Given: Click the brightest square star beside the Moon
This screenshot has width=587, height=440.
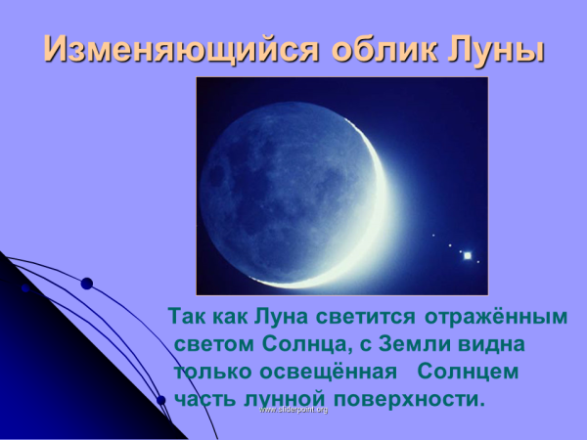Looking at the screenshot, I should pyautogui.click(x=468, y=255).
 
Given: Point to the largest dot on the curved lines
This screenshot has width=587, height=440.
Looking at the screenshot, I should pyautogui.click(x=86, y=284).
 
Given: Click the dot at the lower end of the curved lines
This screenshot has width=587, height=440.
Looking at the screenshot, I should pyautogui.click(x=160, y=400).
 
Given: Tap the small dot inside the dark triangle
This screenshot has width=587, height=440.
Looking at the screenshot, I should pyautogui.click(x=25, y=289).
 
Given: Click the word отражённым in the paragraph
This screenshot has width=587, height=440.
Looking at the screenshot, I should pyautogui.click(x=497, y=318).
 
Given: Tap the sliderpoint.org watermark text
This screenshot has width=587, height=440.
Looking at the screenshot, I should pyautogui.click(x=293, y=409).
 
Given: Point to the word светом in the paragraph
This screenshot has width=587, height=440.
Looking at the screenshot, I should pyautogui.click(x=214, y=345).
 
